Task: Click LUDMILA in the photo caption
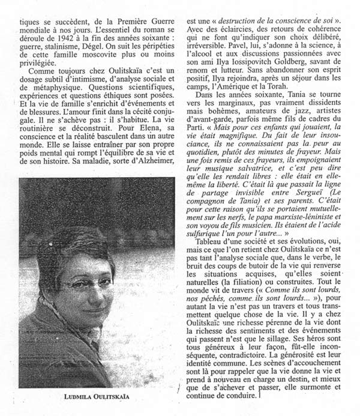pos(80,397)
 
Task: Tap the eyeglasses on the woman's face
pos(90,282)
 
